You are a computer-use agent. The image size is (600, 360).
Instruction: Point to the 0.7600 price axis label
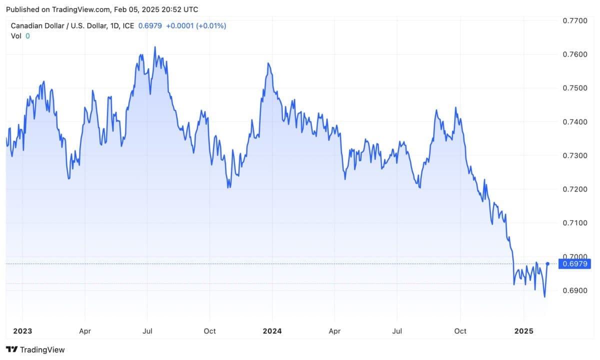575,54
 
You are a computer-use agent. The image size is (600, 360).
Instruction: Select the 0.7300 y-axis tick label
575,155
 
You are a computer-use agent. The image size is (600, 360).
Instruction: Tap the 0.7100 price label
575,222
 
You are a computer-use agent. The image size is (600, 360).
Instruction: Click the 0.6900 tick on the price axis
575,290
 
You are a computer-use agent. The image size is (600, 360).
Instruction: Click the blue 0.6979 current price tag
575,263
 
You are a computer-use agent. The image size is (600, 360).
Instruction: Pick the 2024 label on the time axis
272,331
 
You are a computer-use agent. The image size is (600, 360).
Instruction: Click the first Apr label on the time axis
85,331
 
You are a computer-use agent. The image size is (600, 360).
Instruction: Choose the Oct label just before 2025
460,331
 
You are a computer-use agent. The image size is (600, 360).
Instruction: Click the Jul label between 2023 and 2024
147,331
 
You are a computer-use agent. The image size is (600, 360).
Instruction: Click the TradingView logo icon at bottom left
12,349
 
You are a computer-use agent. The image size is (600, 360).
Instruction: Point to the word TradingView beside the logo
42,349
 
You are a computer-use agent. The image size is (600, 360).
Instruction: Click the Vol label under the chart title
16,35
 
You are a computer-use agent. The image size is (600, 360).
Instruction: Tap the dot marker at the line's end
548,263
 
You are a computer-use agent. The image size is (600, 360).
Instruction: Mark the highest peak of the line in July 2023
155,47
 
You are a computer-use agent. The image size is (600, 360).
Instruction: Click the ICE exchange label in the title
128,25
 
